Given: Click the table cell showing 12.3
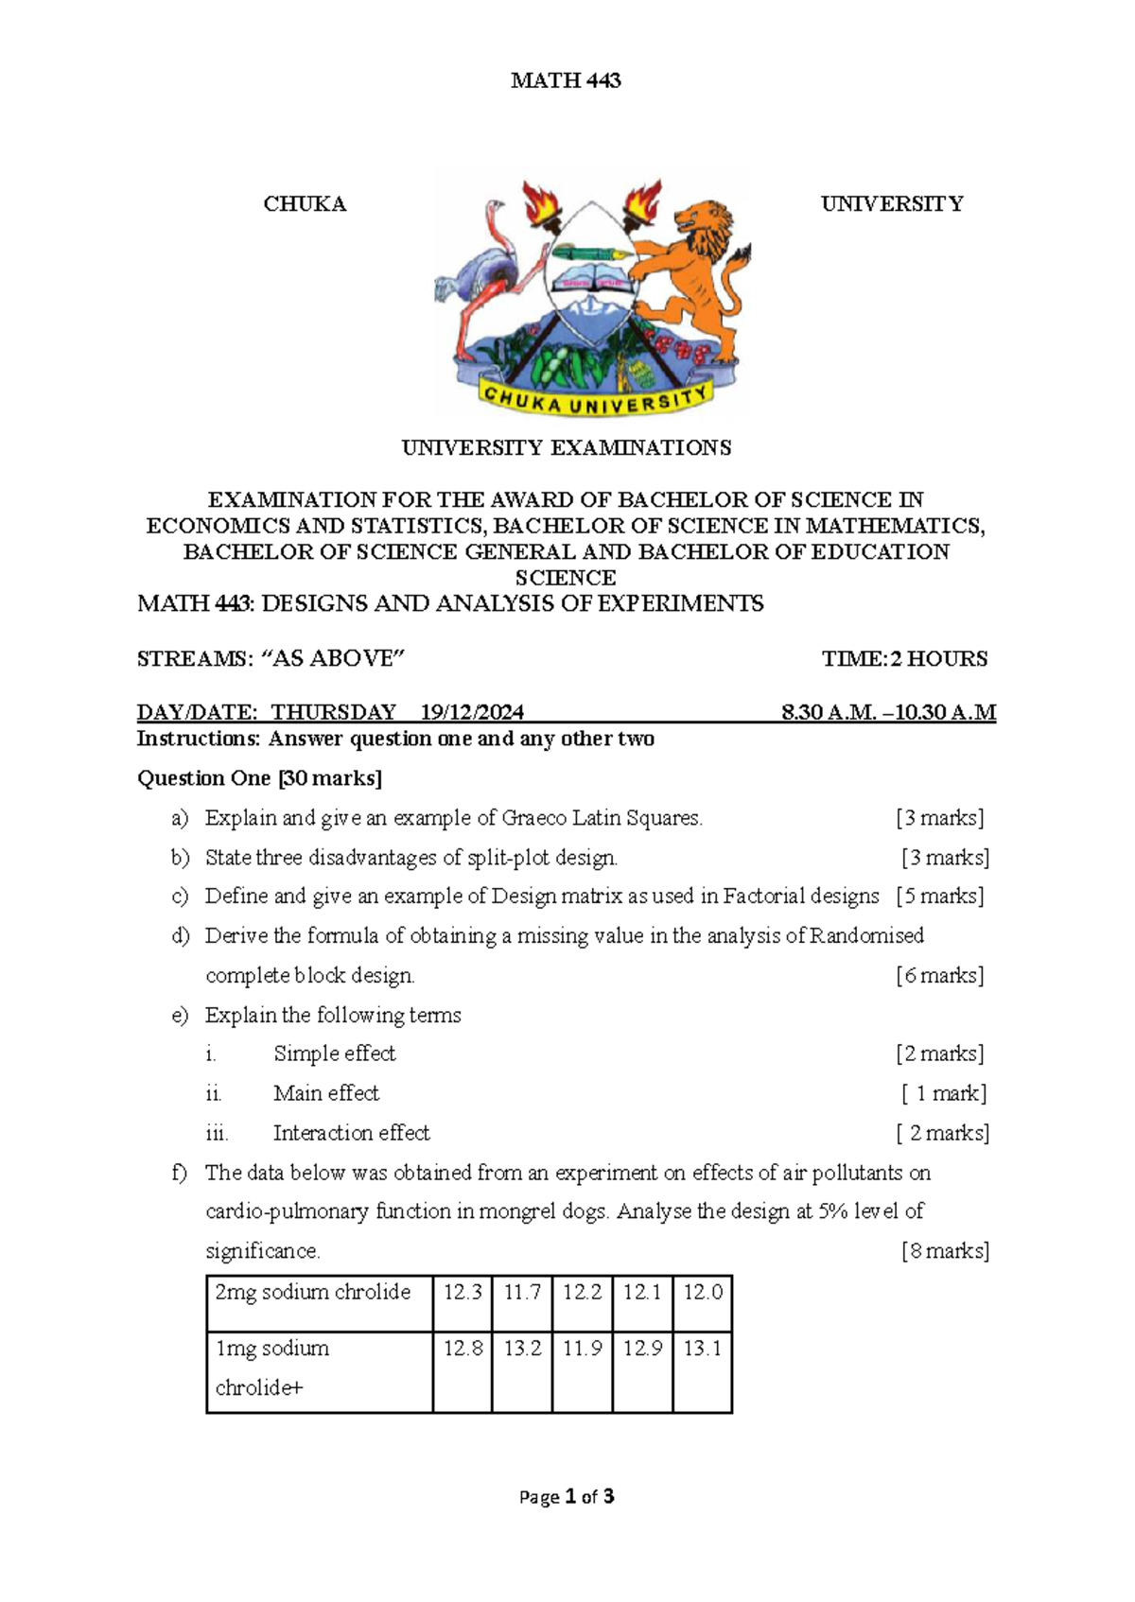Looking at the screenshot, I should [x=463, y=1293].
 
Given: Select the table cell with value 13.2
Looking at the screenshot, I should [x=522, y=1349].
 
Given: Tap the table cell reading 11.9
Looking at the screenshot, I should [x=582, y=1349].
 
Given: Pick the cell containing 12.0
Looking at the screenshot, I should [x=703, y=1293].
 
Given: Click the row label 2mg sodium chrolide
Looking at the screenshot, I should [x=312, y=1293].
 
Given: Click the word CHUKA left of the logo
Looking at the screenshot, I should [x=305, y=204].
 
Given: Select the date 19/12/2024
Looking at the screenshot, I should [x=472, y=712].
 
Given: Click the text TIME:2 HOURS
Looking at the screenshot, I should [x=904, y=659].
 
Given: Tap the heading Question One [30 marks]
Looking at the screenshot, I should [x=259, y=778].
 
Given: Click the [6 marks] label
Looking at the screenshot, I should [x=939, y=976].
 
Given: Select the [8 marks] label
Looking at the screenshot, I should [x=945, y=1251].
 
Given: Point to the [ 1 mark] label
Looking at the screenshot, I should [x=943, y=1094].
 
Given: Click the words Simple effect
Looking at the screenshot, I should [x=334, y=1053].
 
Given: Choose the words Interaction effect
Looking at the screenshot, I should [x=351, y=1133].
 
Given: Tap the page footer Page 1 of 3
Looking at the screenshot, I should [x=567, y=1497].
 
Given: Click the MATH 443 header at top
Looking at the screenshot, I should [x=566, y=81].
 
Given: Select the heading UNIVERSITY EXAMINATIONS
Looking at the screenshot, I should [x=566, y=448].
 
